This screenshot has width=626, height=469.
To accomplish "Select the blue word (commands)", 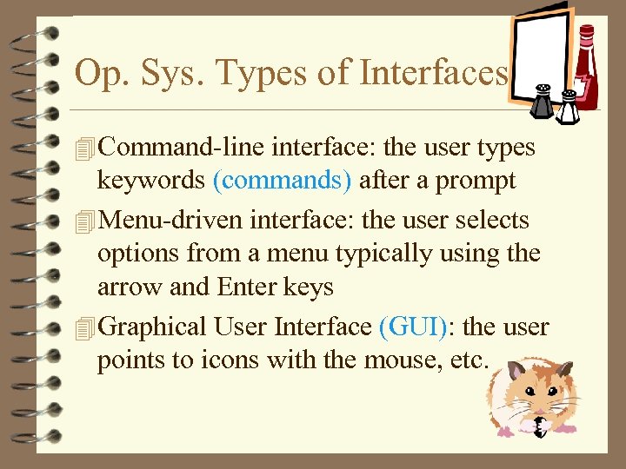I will point(283,181).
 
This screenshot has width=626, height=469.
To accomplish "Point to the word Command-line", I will point(183,148).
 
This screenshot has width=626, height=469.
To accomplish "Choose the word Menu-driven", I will point(171,221).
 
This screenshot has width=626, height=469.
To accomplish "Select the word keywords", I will point(151,181).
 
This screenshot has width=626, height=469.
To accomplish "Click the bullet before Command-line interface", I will point(83,149).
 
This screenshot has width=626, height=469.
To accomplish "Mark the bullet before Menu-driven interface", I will point(83,222).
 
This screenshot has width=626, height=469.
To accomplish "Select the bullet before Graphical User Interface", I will point(83,328).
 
